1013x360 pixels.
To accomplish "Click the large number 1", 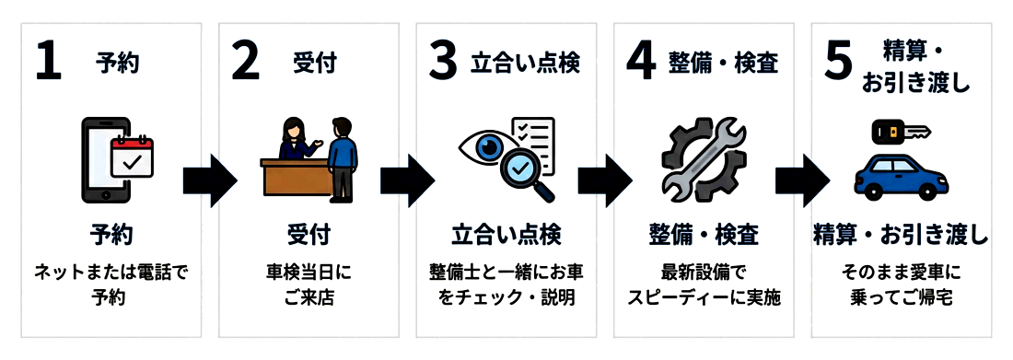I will (48, 64).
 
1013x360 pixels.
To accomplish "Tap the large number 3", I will (443, 64).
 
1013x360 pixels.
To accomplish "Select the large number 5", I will (839, 64).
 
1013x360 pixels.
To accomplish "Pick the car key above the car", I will (900, 132).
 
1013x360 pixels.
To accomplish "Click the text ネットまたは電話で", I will (111, 273).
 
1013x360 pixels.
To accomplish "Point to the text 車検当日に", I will (308, 273).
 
